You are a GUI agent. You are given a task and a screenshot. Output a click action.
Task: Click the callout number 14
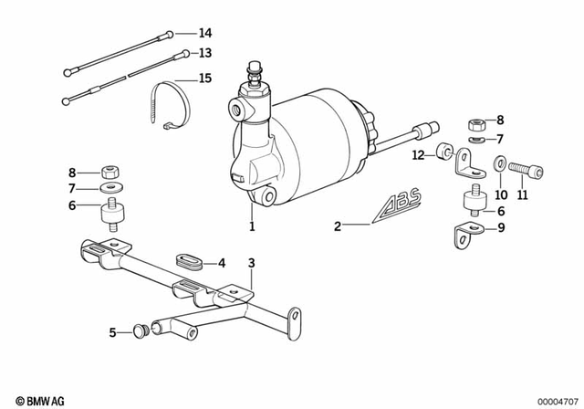click(205, 32)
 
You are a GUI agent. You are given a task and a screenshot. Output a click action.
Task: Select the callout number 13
click(205, 53)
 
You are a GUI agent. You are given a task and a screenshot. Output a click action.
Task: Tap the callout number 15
click(205, 79)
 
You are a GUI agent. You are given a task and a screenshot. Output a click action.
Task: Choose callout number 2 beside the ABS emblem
click(338, 225)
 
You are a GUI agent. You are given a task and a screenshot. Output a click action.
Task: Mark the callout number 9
click(499, 228)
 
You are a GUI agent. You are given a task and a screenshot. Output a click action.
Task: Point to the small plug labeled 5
click(140, 331)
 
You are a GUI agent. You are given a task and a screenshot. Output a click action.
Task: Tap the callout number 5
click(112, 333)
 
